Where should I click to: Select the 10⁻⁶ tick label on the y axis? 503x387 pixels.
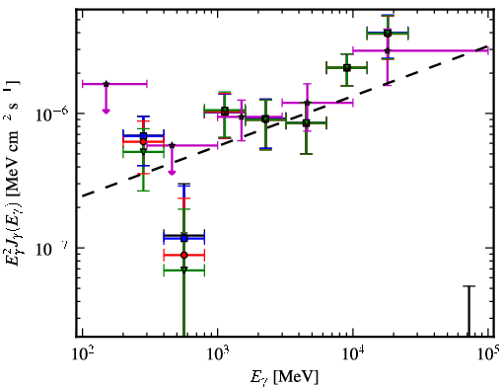(x=52, y=115)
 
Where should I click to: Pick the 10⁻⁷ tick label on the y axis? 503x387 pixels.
(x=52, y=249)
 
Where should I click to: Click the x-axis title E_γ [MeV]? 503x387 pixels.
(x=284, y=377)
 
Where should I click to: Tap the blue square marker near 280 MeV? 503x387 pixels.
(x=143, y=135)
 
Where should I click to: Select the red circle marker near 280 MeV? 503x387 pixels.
(x=143, y=142)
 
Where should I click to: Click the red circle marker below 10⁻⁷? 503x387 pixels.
(x=184, y=255)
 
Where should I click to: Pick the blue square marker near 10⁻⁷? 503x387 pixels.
(x=184, y=238)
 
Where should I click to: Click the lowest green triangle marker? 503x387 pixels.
(x=184, y=271)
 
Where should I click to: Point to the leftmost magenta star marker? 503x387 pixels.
(x=106, y=84)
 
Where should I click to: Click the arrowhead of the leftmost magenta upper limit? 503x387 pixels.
(x=106, y=111)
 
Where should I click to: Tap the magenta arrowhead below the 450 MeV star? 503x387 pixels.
(x=172, y=173)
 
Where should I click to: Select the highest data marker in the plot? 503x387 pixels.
(x=388, y=33)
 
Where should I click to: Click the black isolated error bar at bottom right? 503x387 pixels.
(x=469, y=311)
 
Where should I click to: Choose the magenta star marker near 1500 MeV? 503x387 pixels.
(x=242, y=116)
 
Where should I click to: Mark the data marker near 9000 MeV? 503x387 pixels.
(x=347, y=68)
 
